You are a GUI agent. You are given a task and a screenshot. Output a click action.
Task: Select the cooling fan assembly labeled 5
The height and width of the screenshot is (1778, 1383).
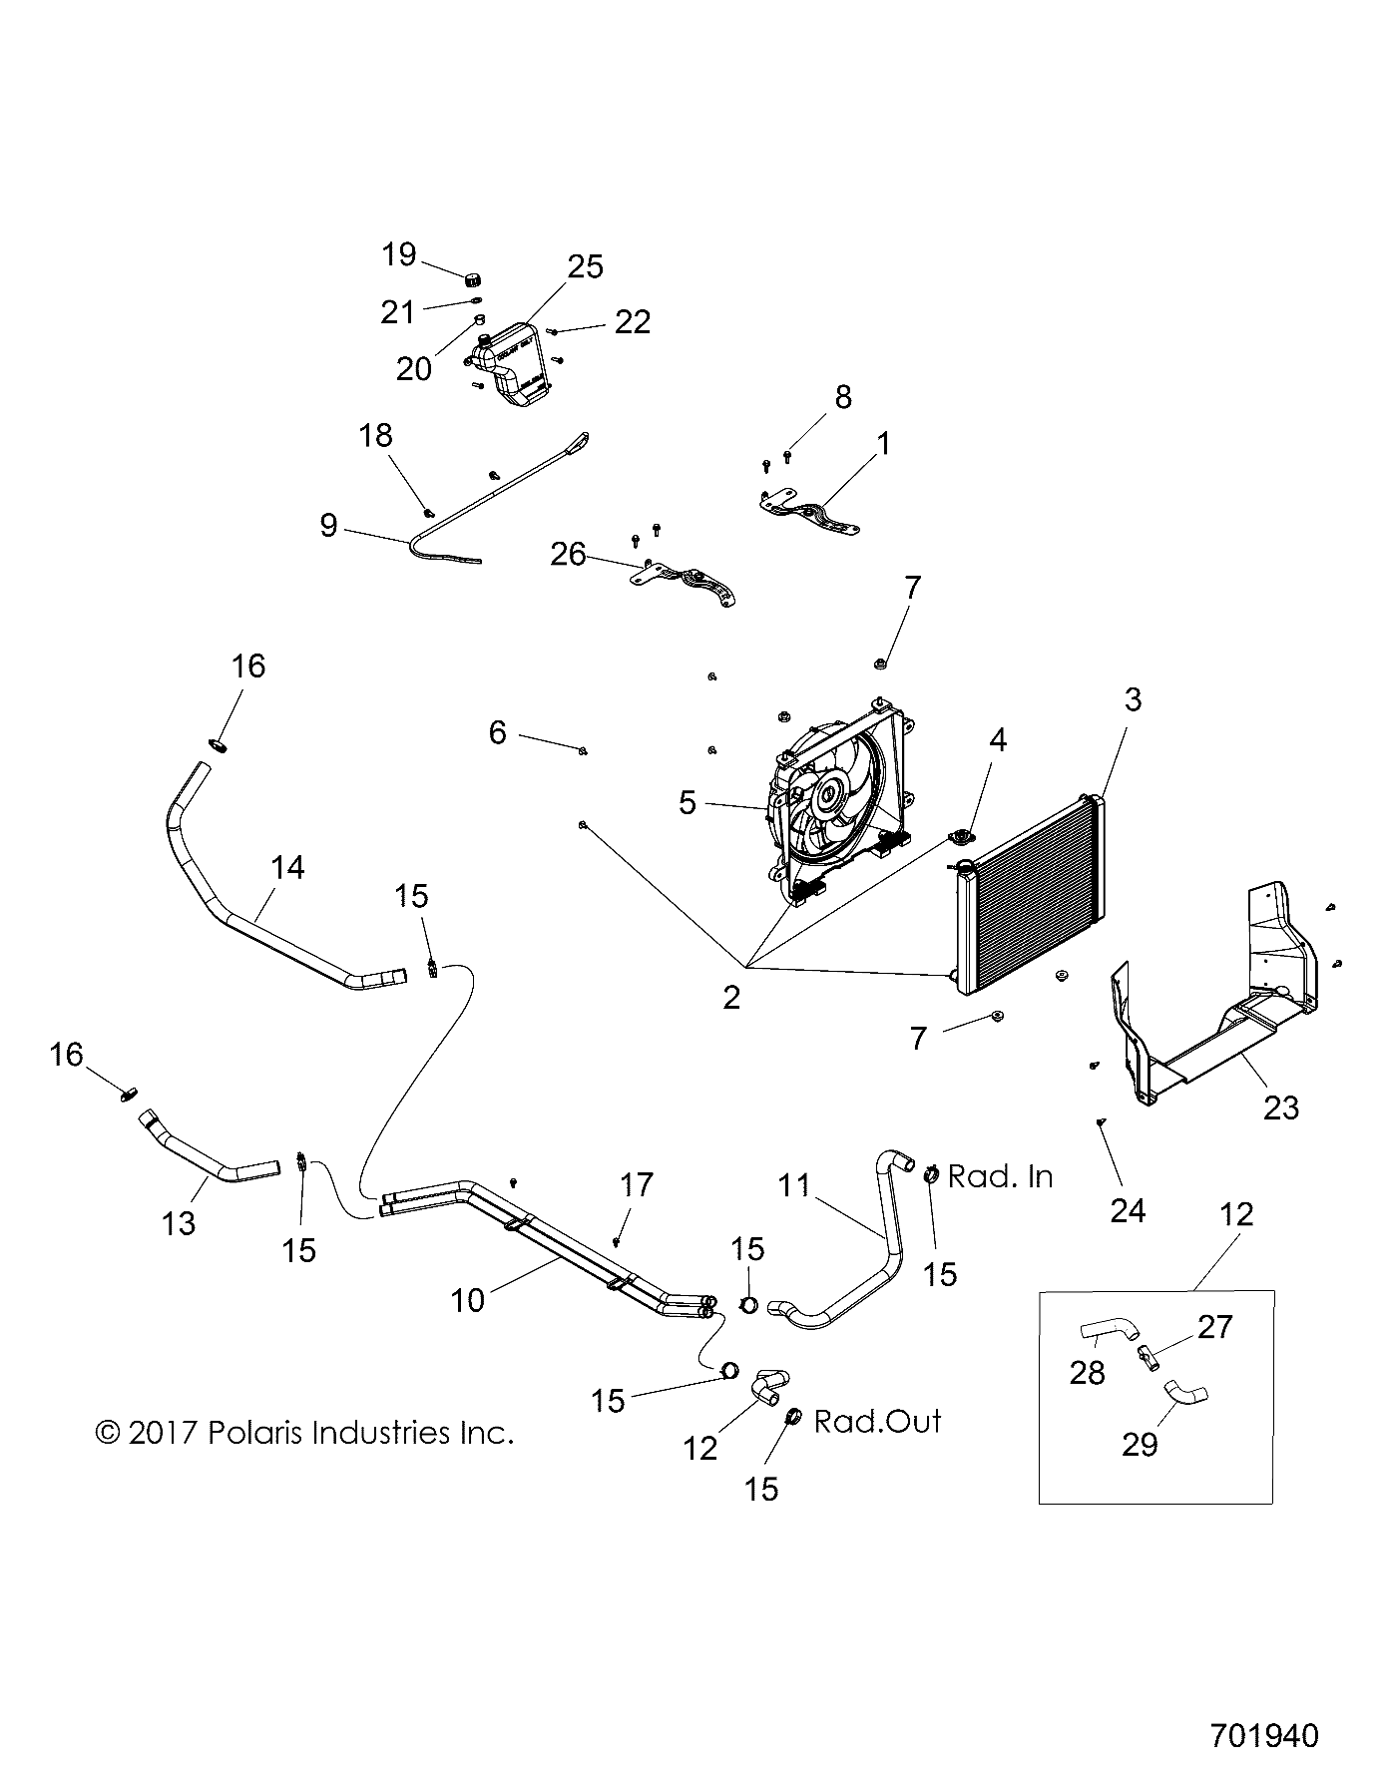tap(833, 798)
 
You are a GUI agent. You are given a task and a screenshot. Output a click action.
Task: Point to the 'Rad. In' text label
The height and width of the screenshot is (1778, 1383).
tap(1000, 1177)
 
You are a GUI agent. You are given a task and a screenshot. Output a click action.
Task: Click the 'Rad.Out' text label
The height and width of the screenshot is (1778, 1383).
tap(877, 1421)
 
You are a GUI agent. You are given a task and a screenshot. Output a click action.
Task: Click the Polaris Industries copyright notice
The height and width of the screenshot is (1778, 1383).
tap(304, 1434)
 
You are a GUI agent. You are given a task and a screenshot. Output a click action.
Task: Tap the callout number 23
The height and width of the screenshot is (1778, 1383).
tap(1281, 1108)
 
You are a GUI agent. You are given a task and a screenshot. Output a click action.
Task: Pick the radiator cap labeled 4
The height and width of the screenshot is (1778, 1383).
tap(964, 838)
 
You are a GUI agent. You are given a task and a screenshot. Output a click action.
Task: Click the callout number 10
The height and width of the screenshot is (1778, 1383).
tap(467, 1299)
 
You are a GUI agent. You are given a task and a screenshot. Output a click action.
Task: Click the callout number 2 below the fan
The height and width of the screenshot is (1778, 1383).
tap(731, 997)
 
